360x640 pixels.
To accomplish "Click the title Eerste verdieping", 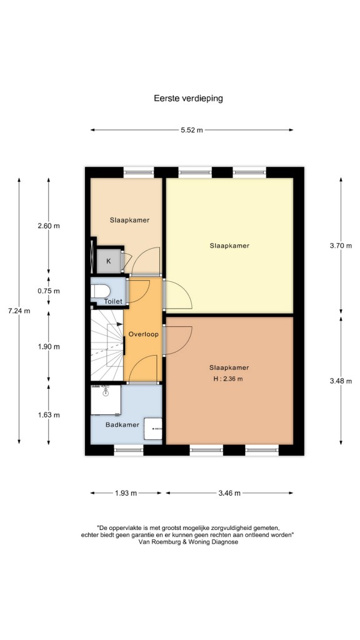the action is (x=188, y=98).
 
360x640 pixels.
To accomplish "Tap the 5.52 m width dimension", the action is (x=192, y=130).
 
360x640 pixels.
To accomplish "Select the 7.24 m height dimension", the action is (x=19, y=311).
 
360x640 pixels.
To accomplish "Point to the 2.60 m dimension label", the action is (x=49, y=226).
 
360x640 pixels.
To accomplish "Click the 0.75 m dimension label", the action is (x=49, y=291).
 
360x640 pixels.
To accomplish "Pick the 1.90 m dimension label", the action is (x=49, y=346).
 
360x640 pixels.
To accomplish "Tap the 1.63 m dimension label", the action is (x=49, y=415).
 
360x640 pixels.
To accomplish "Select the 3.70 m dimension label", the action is (x=341, y=246).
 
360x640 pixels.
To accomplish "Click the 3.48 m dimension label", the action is (x=341, y=381).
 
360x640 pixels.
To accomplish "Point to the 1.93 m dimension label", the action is (x=126, y=493).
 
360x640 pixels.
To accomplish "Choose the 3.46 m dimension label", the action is (x=229, y=493).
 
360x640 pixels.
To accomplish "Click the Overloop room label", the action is (x=143, y=334).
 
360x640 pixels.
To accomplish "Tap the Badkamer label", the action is (x=122, y=425).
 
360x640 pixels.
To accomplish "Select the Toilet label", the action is (x=113, y=302).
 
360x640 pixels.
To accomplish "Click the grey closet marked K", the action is (x=109, y=261).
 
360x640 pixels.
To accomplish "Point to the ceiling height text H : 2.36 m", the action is (x=228, y=379).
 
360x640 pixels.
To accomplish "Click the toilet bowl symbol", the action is (x=101, y=291).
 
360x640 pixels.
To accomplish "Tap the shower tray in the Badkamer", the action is (x=106, y=400).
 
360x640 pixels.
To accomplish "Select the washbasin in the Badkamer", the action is (x=153, y=429).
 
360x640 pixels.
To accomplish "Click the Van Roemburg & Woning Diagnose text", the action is (x=188, y=542).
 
